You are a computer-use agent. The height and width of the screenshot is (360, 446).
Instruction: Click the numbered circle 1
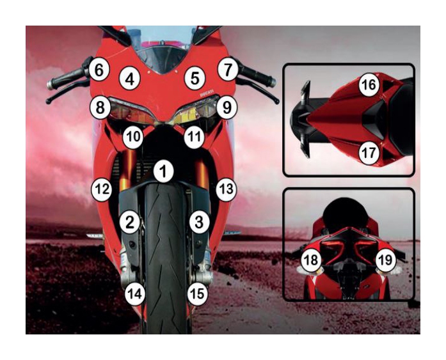pos(163,171)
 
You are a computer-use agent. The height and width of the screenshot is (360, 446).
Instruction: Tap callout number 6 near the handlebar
pos(99,70)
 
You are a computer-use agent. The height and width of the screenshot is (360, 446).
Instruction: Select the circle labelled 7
pos(228,70)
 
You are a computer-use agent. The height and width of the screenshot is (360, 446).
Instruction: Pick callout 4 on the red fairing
pos(130,79)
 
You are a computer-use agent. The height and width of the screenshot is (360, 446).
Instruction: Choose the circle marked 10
pos(133,137)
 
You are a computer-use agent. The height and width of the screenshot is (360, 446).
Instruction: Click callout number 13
pos(226,189)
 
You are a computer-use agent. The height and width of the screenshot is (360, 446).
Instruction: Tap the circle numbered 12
pos(102,189)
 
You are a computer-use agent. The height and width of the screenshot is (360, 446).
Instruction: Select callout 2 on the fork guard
pos(130,223)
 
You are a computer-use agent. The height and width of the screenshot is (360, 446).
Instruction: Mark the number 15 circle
pos(198,293)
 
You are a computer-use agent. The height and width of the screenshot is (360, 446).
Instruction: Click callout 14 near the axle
pos(135,293)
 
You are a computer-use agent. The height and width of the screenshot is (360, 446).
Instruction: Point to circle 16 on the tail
pos(369,84)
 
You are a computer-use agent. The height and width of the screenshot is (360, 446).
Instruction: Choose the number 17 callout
pos(369,153)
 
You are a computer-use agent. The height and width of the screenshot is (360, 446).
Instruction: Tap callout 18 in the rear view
pos(311,260)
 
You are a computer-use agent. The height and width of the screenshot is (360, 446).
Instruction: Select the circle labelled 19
pos(386,260)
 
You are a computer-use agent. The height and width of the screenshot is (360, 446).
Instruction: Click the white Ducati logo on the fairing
pos(206,94)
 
